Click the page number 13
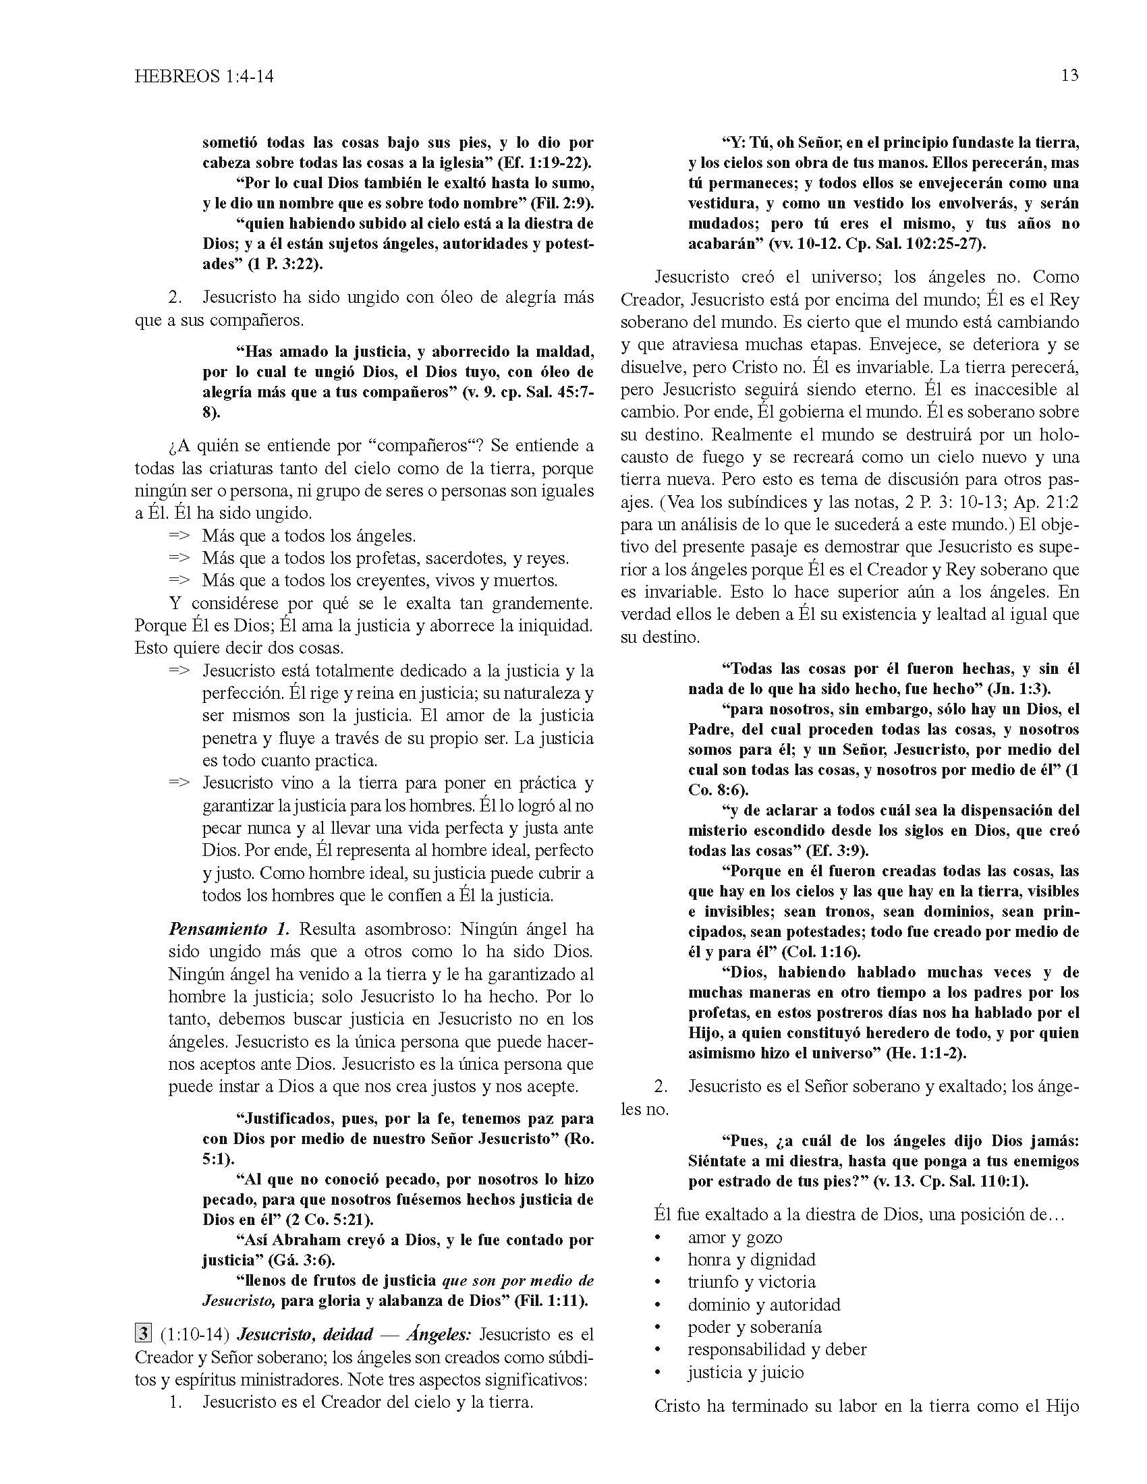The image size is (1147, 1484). pos(1069,76)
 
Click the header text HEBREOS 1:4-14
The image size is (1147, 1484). pos(204,77)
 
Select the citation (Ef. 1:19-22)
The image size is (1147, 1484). pos(546,163)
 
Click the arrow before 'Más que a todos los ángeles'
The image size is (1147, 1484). pos(179,536)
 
